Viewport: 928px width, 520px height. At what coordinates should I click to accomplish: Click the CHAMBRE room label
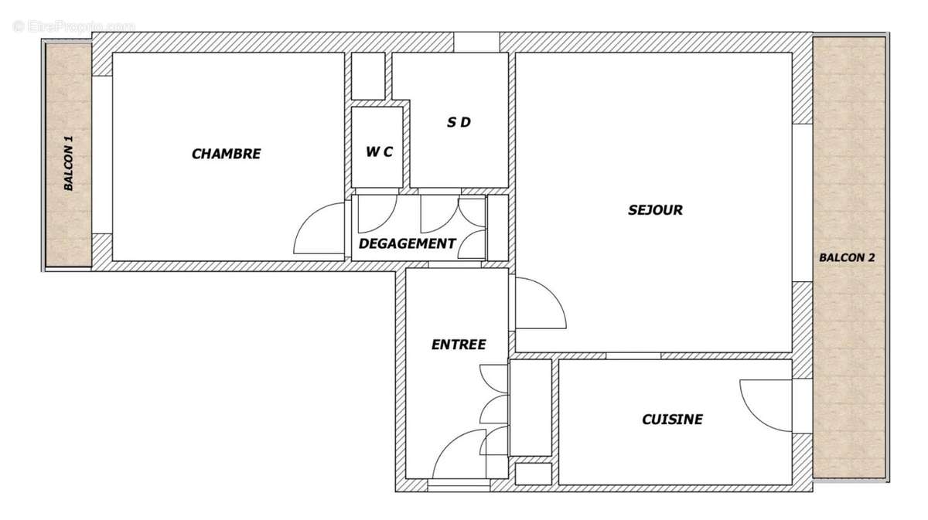click(x=226, y=154)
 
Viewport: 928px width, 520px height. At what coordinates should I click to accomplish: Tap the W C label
click(x=379, y=152)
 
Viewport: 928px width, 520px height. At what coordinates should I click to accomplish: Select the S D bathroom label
click(x=459, y=122)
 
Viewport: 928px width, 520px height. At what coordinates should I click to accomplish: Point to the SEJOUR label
click(x=655, y=209)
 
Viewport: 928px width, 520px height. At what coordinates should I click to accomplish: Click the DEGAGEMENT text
click(x=407, y=243)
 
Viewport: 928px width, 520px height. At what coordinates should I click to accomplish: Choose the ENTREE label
click(x=459, y=345)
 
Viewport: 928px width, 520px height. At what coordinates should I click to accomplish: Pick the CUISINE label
click(x=672, y=420)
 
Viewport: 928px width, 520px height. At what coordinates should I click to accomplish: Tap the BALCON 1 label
click(x=69, y=163)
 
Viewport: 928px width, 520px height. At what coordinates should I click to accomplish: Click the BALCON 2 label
click(x=847, y=257)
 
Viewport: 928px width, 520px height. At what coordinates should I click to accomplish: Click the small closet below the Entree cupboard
click(x=533, y=474)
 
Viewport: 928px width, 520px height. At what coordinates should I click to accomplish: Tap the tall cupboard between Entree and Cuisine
click(x=531, y=407)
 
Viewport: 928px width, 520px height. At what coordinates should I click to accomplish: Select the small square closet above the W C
click(x=368, y=76)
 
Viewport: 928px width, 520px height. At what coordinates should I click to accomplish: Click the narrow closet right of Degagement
click(x=498, y=227)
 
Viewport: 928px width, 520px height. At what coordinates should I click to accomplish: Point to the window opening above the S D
click(x=476, y=42)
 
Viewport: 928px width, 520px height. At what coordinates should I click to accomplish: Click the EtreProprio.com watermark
click(x=73, y=25)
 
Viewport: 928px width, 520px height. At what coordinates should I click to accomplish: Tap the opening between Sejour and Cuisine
click(x=633, y=355)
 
